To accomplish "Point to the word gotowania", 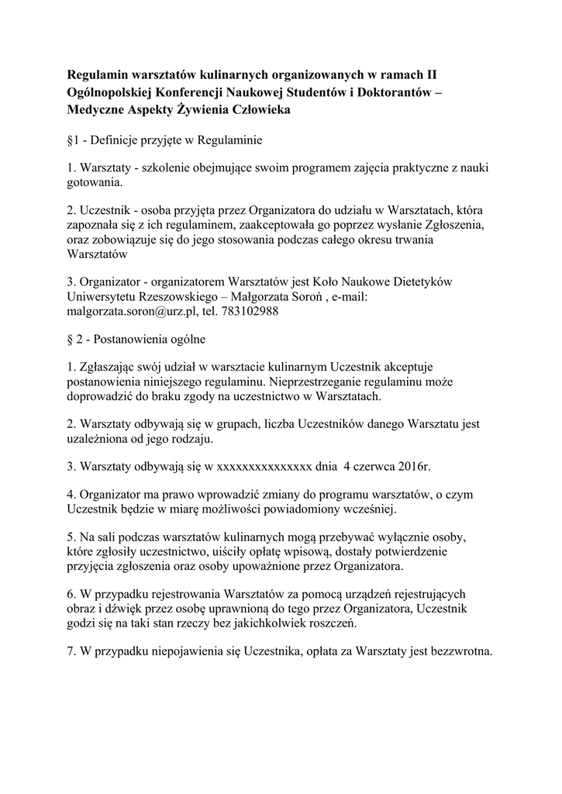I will [x=95, y=185].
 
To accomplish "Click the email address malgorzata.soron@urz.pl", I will [x=127, y=312].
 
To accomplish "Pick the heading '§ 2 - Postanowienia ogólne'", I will [x=136, y=339].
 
